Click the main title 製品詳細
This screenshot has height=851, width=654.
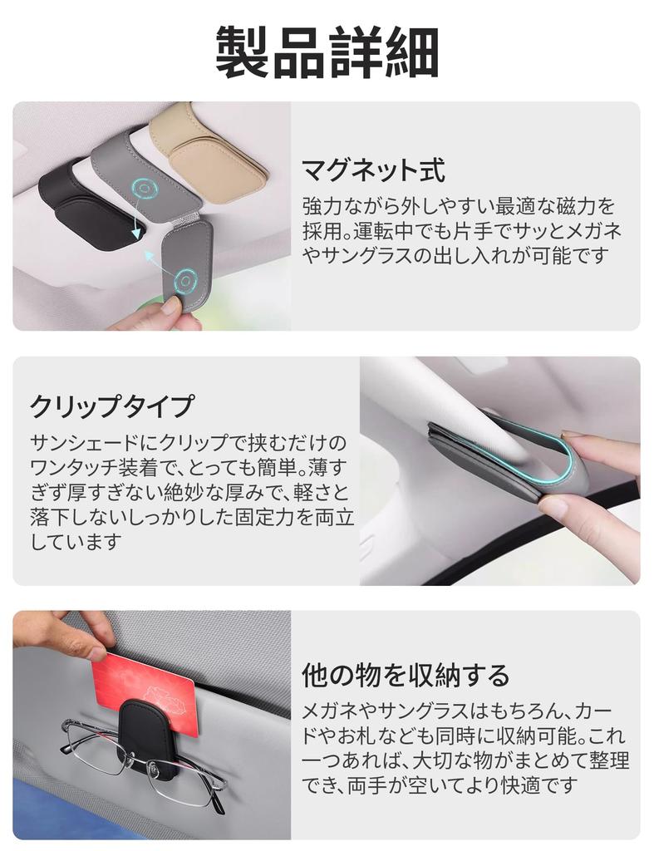(x=327, y=52)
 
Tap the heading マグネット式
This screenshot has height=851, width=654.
(x=373, y=170)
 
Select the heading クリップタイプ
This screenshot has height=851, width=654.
(x=111, y=406)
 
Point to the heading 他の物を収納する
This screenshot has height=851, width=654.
(x=405, y=675)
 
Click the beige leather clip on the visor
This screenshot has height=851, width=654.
(x=208, y=150)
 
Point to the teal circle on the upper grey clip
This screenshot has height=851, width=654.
(x=146, y=189)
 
